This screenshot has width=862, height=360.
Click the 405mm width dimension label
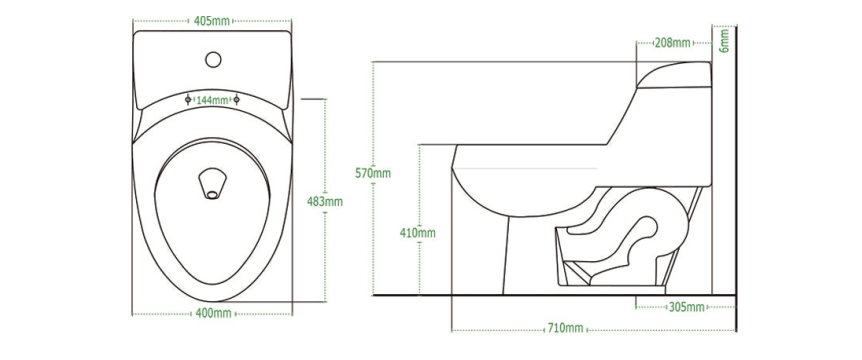coord(212,21)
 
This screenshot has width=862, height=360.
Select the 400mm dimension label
coord(213,314)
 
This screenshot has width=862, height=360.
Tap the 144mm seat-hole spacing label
coord(212,100)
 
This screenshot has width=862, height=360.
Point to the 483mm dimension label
coord(324,202)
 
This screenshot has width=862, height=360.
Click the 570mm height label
coord(373,174)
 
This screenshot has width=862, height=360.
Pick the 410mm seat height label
coord(418,233)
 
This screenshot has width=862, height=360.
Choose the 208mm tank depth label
coord(672,42)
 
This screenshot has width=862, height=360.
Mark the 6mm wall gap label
coord(725,41)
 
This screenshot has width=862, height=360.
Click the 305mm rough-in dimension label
coord(686,307)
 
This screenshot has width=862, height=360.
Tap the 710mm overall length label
coord(565,329)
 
